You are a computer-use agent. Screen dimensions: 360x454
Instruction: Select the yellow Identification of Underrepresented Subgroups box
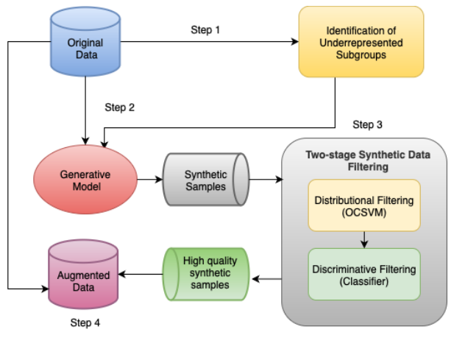click(x=361, y=41)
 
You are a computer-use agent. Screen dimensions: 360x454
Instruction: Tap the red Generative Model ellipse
click(x=85, y=181)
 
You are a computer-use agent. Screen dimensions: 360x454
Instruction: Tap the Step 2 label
click(x=118, y=107)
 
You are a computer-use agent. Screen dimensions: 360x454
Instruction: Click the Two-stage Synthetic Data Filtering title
click(x=364, y=160)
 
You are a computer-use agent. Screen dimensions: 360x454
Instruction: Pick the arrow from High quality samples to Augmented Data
click(x=141, y=275)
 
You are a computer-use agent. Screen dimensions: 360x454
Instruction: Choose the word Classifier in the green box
click(x=363, y=281)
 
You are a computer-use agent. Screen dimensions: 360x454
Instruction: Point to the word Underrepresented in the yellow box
click(x=361, y=42)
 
